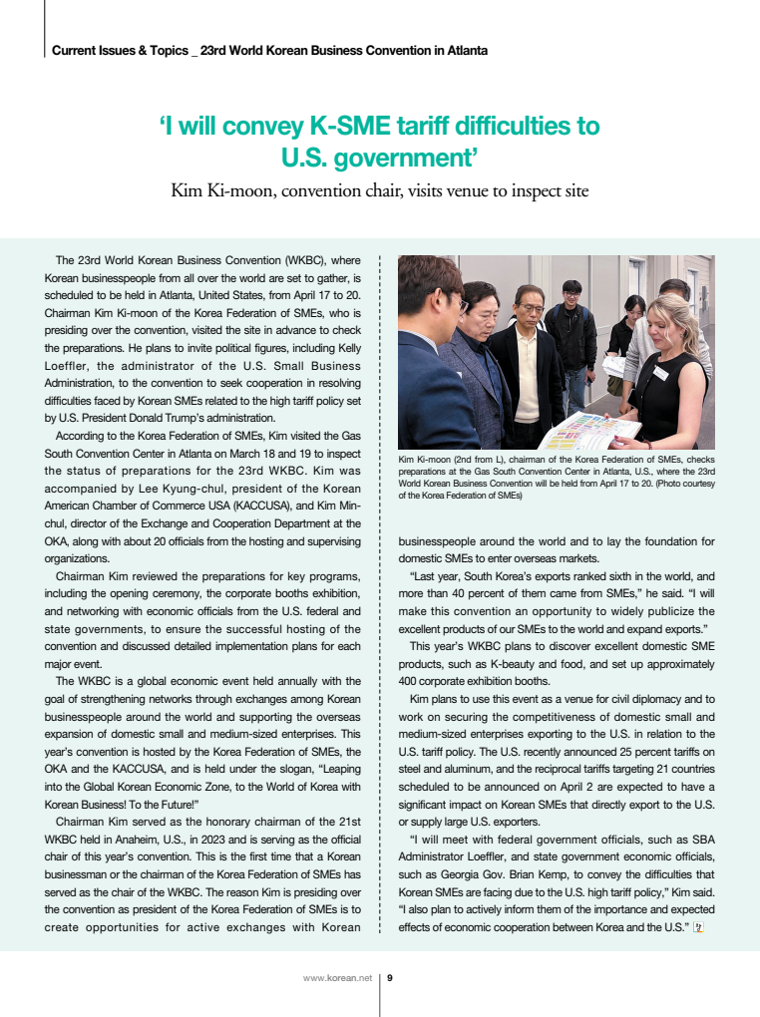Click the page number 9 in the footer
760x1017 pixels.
[x=390, y=978]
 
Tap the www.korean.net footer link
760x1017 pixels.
[x=337, y=978]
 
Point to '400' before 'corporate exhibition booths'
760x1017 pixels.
[x=409, y=681]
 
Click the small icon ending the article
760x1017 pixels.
[x=699, y=928]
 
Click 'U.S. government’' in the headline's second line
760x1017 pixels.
[x=379, y=157]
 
